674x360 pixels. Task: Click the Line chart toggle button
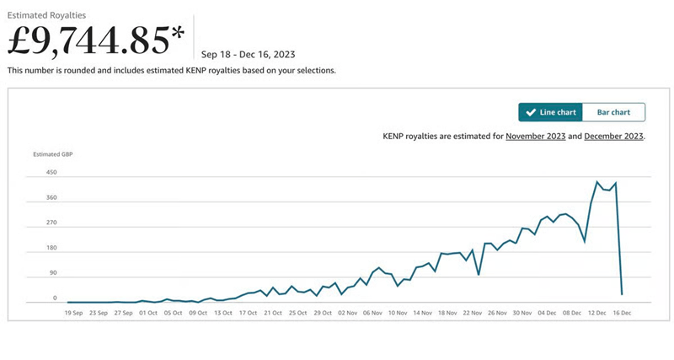pyautogui.click(x=551, y=112)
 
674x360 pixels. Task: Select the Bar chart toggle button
pyautogui.click(x=613, y=112)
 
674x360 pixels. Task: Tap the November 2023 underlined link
pyautogui.click(x=540, y=136)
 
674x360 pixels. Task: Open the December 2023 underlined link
pyautogui.click(x=613, y=136)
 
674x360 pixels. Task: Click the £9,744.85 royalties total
pyautogui.click(x=96, y=40)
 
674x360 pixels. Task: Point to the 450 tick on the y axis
pyautogui.click(x=51, y=173)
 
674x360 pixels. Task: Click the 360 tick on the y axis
pyautogui.click(x=51, y=198)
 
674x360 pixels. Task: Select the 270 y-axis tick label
pyautogui.click(x=51, y=223)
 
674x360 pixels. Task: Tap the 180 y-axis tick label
pyautogui.click(x=51, y=249)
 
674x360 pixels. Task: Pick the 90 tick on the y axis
pyautogui.click(x=52, y=274)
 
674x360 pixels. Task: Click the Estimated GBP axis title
pyautogui.click(x=52, y=154)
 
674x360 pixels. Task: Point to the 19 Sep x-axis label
pyautogui.click(x=74, y=313)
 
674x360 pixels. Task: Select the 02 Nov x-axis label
pyautogui.click(x=348, y=313)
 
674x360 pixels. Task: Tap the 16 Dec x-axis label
pyautogui.click(x=621, y=313)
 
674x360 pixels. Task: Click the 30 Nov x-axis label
pyautogui.click(x=522, y=313)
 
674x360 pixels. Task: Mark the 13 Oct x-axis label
pyautogui.click(x=223, y=313)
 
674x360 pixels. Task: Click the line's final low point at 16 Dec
pyautogui.click(x=622, y=294)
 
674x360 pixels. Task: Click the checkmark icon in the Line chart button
pyautogui.click(x=530, y=112)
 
